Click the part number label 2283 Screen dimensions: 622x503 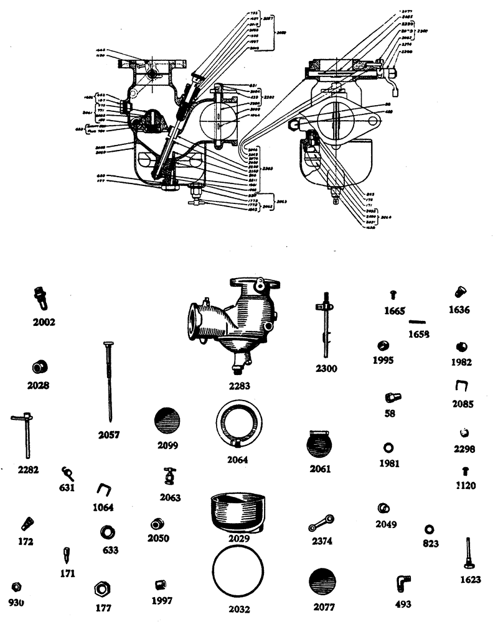pos(240,386)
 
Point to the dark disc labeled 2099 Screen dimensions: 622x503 pos(167,423)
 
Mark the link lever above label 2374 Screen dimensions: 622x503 pos(322,524)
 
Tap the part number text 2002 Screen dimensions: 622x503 pos(44,322)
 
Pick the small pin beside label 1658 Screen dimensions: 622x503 pos(417,322)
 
